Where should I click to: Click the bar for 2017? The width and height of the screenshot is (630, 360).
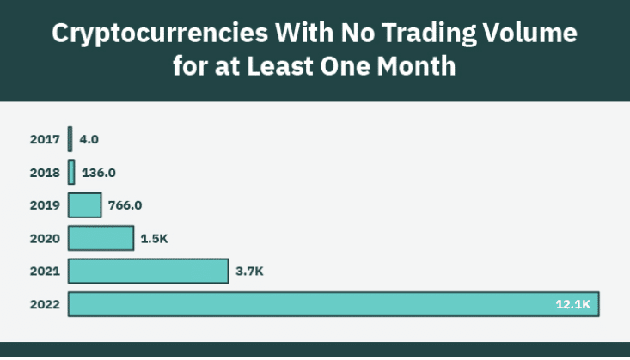point(70,138)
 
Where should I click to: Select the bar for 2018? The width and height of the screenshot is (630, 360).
point(71,172)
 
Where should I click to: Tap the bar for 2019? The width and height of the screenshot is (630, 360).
point(85,205)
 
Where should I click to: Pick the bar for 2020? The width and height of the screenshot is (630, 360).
point(101,238)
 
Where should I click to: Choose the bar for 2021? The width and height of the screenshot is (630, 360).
point(148,272)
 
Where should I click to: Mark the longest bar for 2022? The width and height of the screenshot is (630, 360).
point(333,304)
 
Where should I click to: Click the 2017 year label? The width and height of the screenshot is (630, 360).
point(45,138)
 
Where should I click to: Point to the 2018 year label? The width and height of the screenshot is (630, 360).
point(45,172)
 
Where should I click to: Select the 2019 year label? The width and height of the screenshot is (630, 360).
point(45,205)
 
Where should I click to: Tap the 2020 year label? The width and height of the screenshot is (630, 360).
point(45,238)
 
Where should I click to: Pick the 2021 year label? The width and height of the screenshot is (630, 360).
point(45,272)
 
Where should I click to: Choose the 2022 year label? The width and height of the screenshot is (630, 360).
point(45,305)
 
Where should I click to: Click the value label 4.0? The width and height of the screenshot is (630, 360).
point(89,138)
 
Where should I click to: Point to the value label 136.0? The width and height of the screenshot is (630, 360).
point(100,172)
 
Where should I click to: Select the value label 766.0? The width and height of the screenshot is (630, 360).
point(125,205)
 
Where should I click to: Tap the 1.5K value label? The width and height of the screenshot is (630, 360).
point(154,238)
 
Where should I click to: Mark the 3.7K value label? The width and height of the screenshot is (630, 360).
point(249,272)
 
